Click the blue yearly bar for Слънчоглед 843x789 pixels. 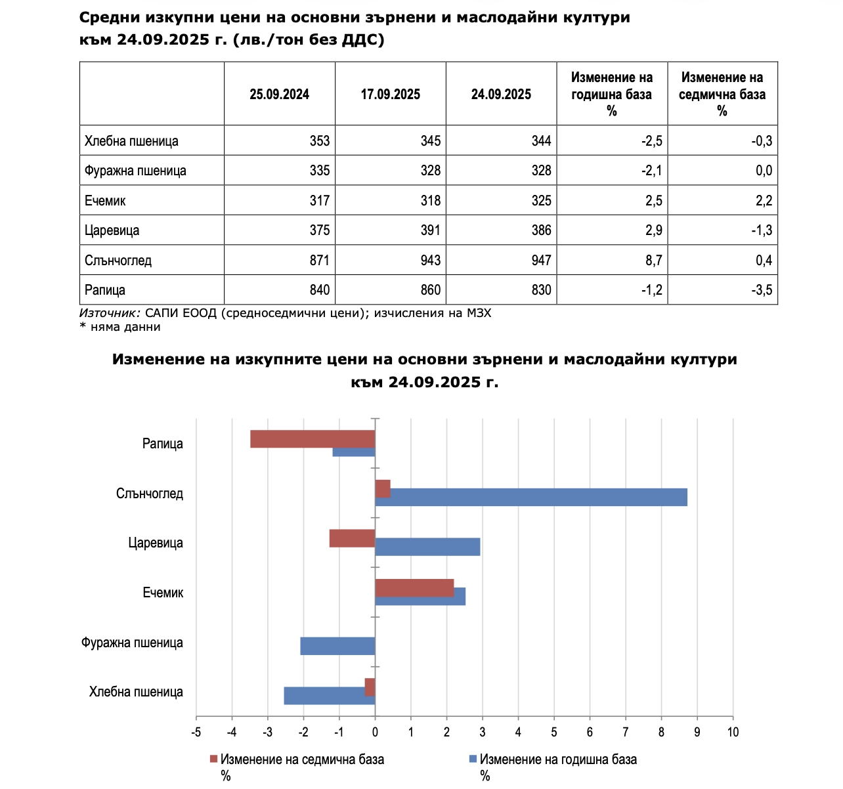point(530,498)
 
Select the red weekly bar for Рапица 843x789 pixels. point(313,439)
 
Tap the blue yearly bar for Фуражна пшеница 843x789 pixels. point(337,646)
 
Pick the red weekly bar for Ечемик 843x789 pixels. point(414,588)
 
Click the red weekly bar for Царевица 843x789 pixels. point(352,538)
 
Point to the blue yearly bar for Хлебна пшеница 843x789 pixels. point(329,696)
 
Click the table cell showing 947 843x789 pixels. point(541,261)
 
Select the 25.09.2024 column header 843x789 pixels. point(279,94)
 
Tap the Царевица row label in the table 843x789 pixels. point(112,230)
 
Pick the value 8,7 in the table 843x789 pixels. point(653,261)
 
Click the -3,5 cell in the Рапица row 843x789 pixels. point(763,290)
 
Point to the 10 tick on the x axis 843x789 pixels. point(733,732)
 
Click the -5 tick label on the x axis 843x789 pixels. point(196,732)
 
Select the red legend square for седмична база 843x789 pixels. point(213,759)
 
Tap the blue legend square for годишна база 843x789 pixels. point(472,759)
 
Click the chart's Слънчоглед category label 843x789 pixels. point(150,494)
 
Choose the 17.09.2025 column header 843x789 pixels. point(390,94)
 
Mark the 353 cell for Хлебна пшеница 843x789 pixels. point(319,141)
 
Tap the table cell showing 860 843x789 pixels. point(430,290)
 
